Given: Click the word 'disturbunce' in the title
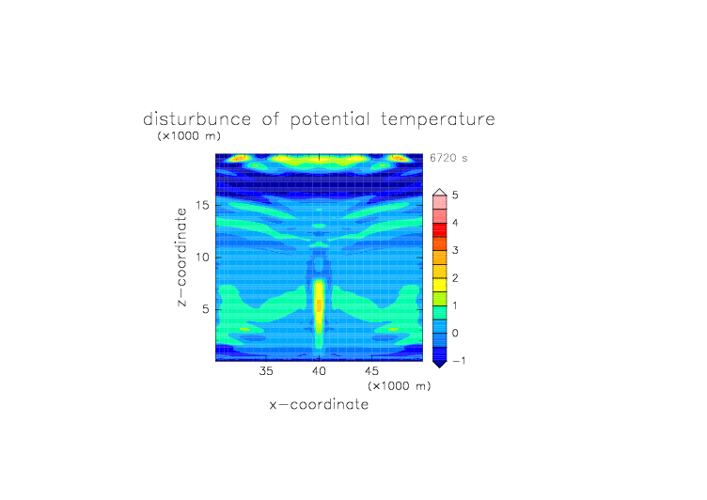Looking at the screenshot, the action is (197, 119).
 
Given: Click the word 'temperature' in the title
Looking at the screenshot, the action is (438, 119).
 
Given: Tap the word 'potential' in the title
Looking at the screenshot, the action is (330, 120).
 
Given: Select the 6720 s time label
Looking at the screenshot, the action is (448, 158).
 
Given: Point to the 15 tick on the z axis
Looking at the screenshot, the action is (202, 205).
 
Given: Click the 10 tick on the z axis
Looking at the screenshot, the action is (202, 258).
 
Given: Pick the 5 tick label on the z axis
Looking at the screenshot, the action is (206, 309).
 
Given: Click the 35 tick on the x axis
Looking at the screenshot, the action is (266, 371).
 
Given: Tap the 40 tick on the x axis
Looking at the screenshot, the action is (319, 371).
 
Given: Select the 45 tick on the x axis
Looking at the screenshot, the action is (371, 371).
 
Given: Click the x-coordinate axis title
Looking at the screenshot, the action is (320, 404).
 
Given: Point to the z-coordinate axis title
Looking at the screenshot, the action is (181, 258).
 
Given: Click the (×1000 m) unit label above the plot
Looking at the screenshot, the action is (189, 135).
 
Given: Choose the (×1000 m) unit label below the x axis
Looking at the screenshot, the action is (399, 386).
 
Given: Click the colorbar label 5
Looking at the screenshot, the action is (455, 195).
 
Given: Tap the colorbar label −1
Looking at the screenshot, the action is (459, 361).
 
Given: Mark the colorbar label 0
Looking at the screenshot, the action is (455, 334).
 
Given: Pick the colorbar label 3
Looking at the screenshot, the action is (455, 250).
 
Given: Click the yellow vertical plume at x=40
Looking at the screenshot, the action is (319, 306).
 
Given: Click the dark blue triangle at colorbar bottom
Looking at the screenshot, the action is (440, 364).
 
